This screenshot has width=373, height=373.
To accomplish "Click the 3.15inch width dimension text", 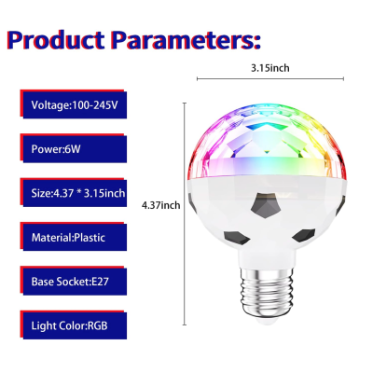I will pyautogui.click(x=270, y=68).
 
